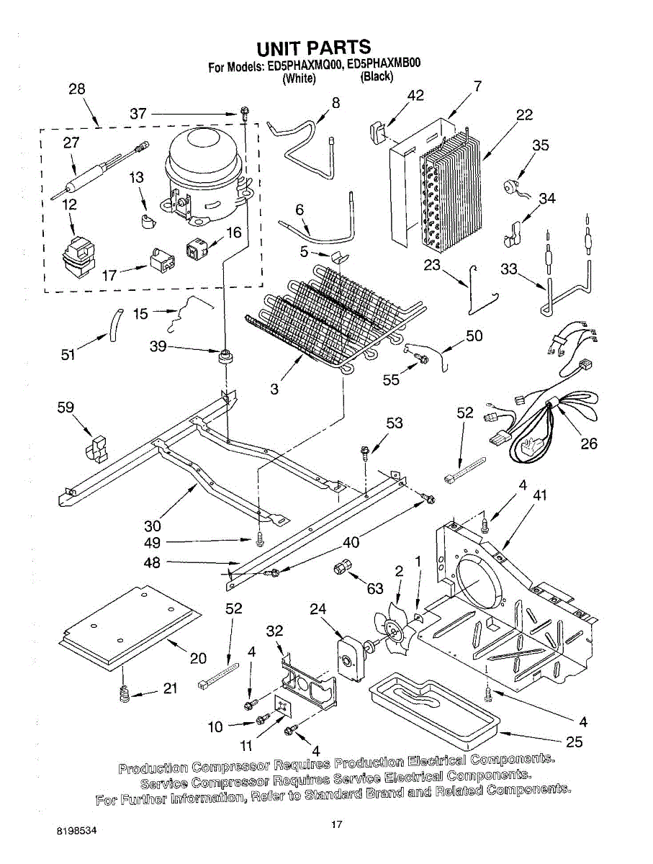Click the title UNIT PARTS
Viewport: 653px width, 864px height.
(x=314, y=48)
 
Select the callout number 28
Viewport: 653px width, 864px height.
(x=76, y=90)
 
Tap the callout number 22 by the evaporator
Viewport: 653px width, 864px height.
(x=524, y=115)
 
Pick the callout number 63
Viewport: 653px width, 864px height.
(x=375, y=589)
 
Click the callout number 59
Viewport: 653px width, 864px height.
(x=66, y=408)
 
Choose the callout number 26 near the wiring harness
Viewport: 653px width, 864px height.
(x=589, y=444)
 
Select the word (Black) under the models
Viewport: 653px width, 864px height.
(x=377, y=76)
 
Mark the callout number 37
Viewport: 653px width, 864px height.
(x=138, y=114)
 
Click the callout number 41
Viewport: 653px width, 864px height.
(x=540, y=495)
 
